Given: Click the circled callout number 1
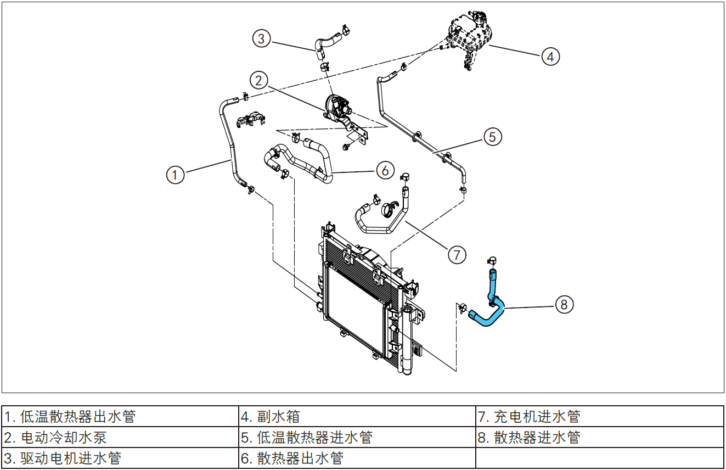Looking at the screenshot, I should click(176, 175).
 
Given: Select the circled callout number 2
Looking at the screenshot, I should click(259, 80).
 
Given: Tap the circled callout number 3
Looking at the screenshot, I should click(262, 38).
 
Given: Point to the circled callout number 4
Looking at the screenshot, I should click(550, 55).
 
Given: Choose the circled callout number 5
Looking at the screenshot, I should click(492, 136).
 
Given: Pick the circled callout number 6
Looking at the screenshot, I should click(385, 170).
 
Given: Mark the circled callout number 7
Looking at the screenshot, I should click(457, 254).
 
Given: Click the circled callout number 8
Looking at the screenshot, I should click(565, 304).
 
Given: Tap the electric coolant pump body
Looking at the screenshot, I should click(337, 105).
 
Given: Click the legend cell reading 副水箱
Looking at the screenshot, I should click(357, 416).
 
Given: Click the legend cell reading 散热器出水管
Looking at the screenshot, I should click(357, 458).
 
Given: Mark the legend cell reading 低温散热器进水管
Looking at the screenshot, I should click(357, 437).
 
